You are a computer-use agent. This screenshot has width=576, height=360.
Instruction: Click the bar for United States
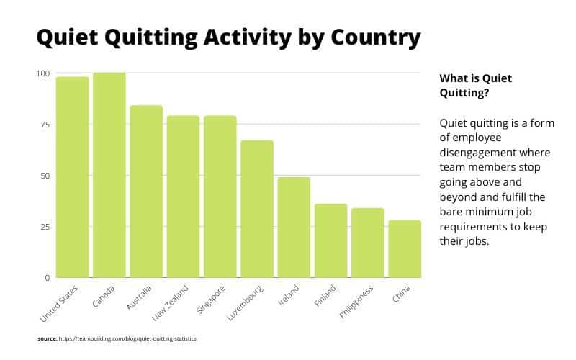coord(72,177)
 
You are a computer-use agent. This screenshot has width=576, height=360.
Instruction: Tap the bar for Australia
coord(146,192)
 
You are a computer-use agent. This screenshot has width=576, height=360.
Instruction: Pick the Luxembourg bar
coord(257,209)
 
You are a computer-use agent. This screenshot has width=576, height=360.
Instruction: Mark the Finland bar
coord(330,240)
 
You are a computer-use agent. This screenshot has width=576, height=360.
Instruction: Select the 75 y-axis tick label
coord(45,125)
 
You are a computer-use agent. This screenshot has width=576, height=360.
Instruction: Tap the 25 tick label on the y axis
coord(45,227)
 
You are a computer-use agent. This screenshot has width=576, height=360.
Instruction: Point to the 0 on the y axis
coord(47,278)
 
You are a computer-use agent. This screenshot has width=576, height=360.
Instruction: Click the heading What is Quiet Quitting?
coord(475,85)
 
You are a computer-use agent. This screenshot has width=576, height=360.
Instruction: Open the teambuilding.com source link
coord(128,338)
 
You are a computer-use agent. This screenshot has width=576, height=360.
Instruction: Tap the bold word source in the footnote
coord(47,338)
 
